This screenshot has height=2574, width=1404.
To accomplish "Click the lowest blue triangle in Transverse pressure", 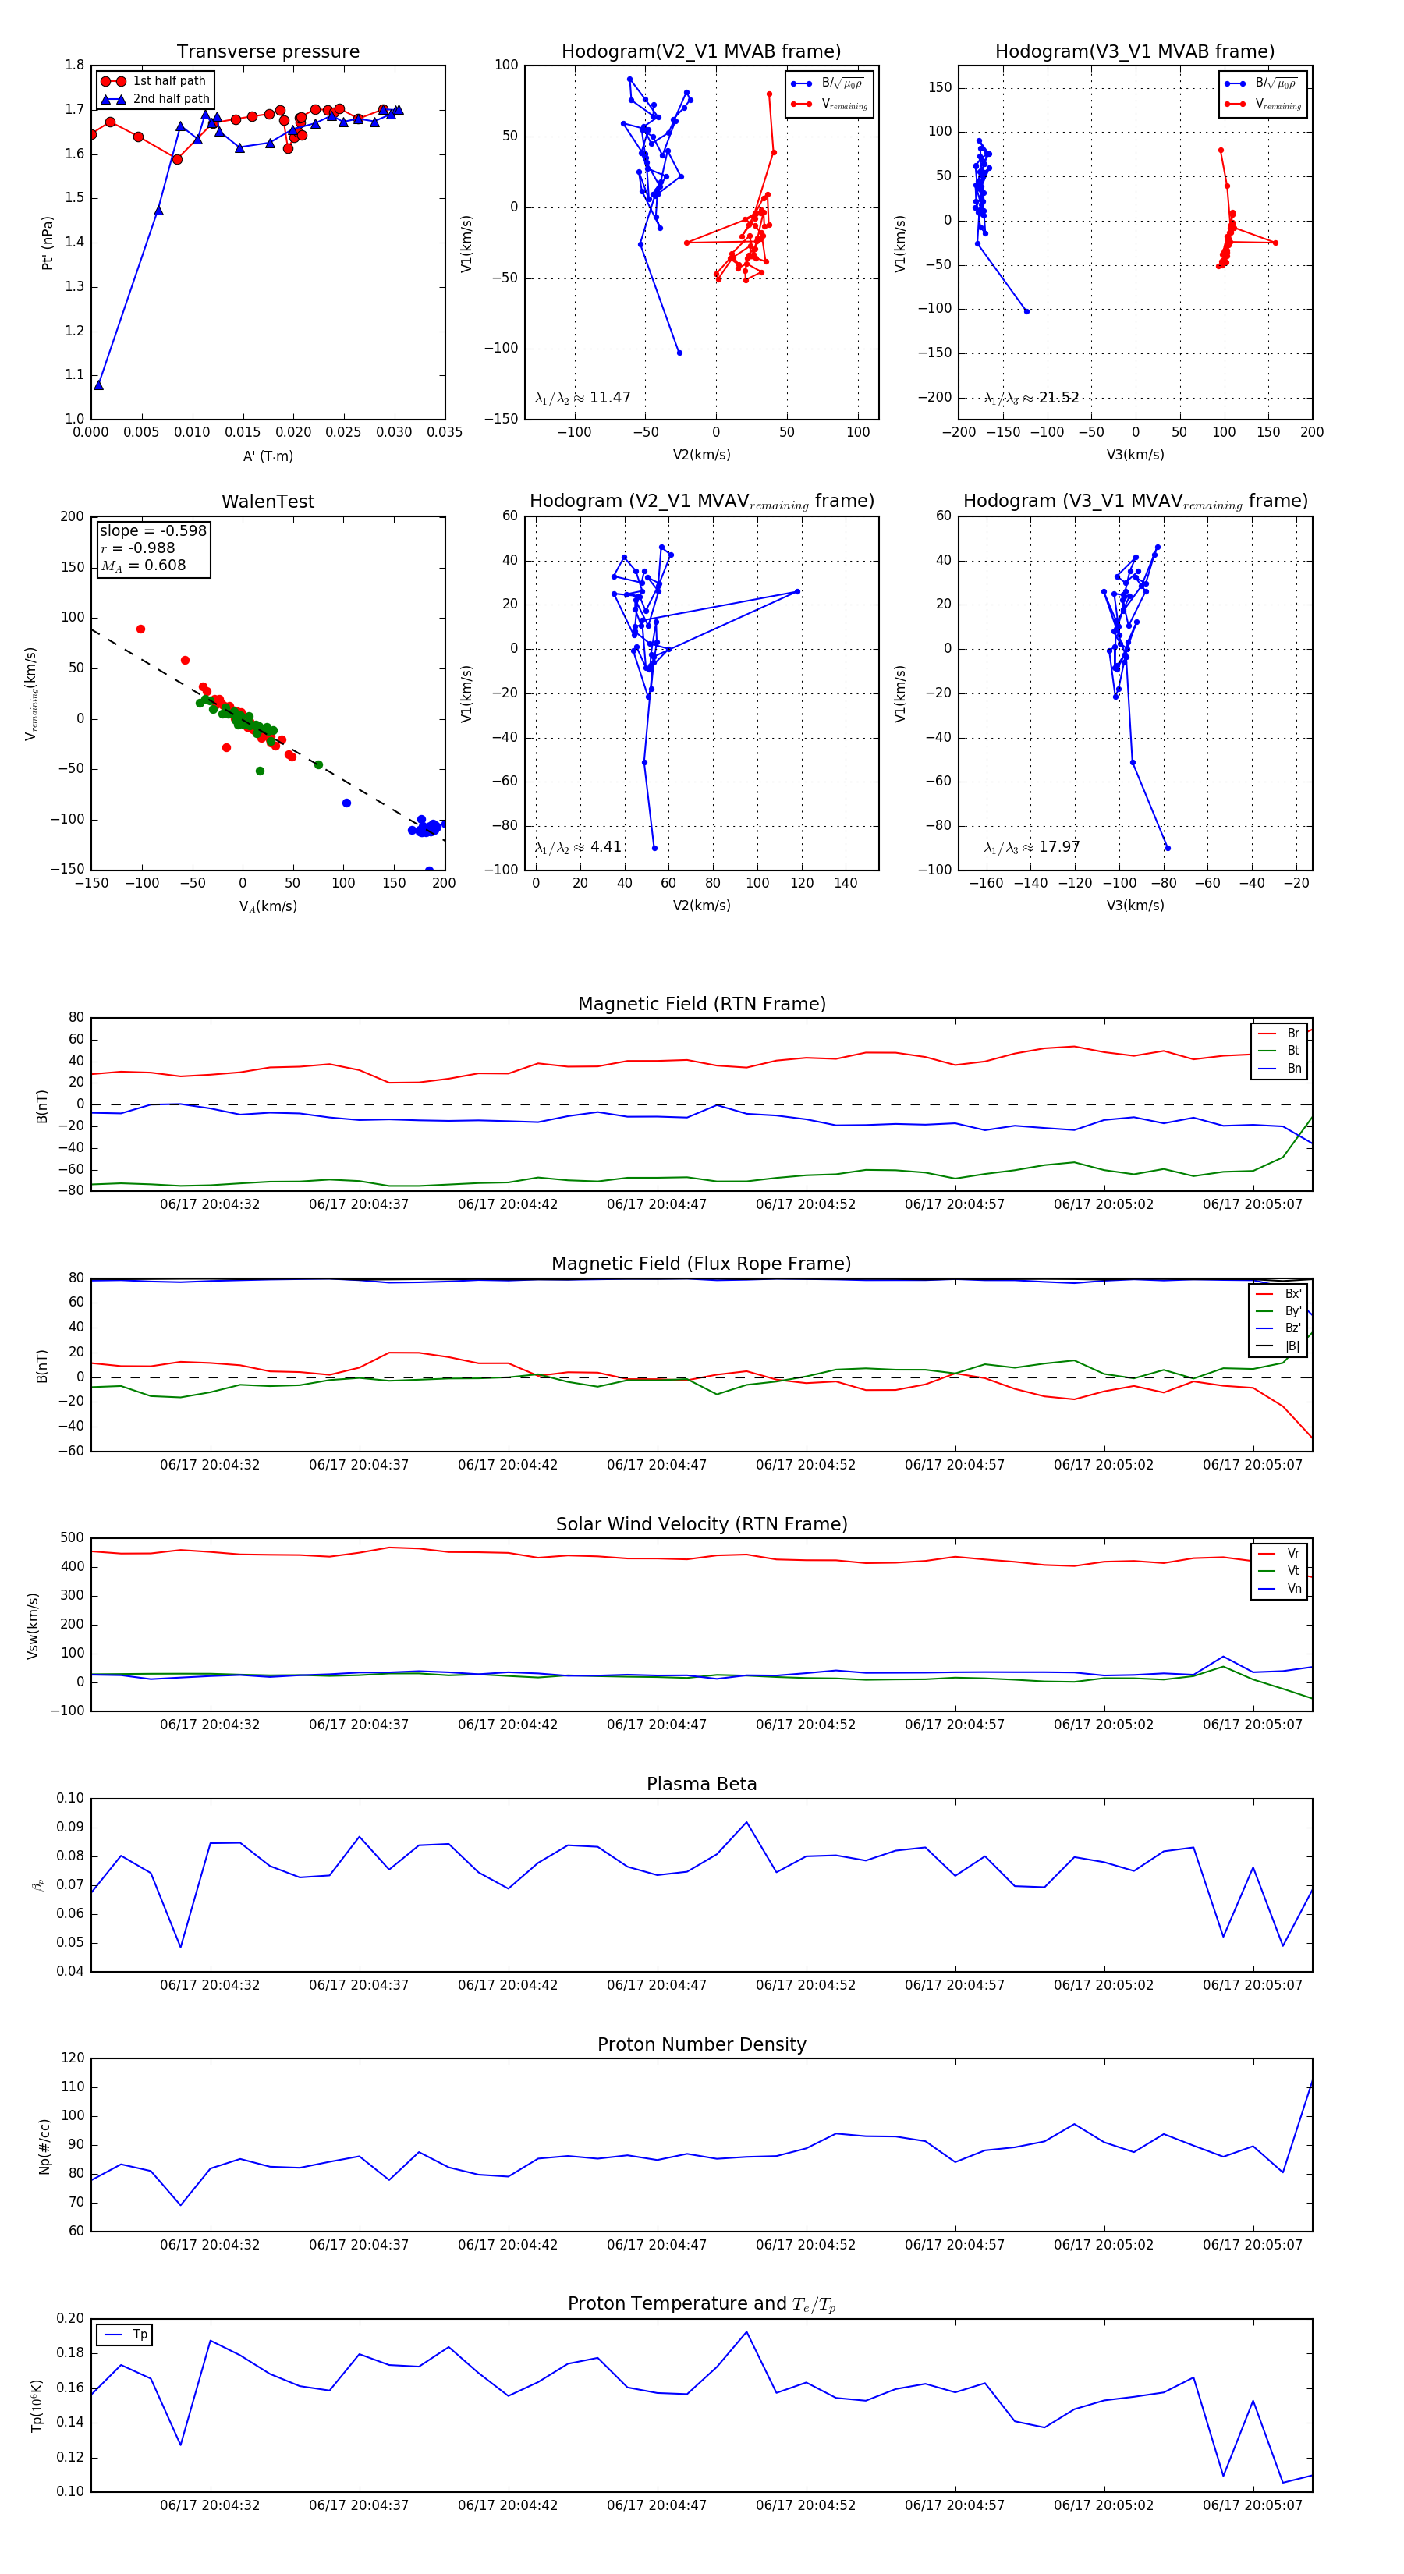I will pos(99,385).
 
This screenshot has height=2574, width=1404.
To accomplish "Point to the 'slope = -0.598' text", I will pos(153,530).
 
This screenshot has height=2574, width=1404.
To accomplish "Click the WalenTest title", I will pos(268,502).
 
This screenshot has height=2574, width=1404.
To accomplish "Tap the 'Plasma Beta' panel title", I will pos(701,1785).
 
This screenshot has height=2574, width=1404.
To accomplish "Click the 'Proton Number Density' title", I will pos(701,2044).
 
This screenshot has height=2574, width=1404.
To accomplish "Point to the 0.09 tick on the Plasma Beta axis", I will pos(70,1828).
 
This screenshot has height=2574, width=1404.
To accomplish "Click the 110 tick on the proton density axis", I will pos(73,2087).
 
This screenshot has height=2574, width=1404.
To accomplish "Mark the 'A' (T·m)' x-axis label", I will pos(268,456).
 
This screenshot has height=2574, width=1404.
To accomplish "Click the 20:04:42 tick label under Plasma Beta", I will pos(508,1985).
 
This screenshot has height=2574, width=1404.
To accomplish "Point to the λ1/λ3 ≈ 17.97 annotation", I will pos(1031,847).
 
